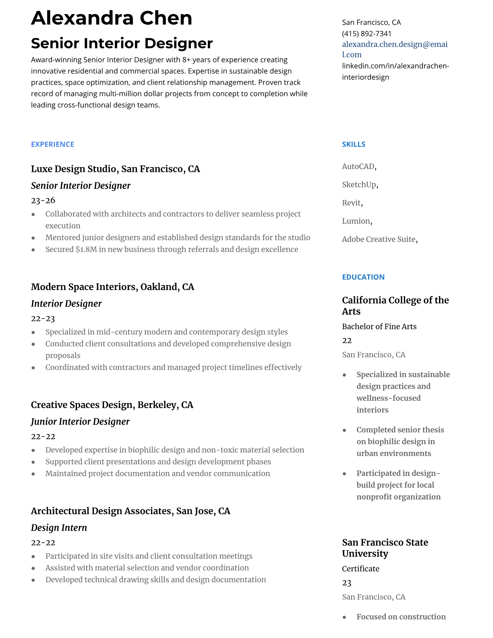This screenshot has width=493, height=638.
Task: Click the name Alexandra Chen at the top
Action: [112, 18]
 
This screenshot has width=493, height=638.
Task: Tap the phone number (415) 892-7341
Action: [367, 33]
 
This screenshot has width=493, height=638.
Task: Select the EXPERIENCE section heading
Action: [52, 144]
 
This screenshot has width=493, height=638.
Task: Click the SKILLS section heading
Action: [354, 144]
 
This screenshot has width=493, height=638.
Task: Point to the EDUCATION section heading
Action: [363, 277]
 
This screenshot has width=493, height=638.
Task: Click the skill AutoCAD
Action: [358, 166]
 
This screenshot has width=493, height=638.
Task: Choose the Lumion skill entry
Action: [356, 221]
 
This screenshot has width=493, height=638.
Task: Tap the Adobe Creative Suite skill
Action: [379, 239]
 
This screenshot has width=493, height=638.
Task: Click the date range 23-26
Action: [43, 200]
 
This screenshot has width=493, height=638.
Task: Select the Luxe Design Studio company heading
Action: [115, 169]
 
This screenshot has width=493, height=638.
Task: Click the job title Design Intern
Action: [59, 528]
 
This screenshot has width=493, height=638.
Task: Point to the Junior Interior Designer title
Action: [80, 422]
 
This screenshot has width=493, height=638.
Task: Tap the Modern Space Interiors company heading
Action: [112, 287]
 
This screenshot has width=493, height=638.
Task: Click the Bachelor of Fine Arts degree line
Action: [379, 327]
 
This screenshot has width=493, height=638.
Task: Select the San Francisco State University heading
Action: [385, 548]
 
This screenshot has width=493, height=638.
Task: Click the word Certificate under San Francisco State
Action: [360, 569]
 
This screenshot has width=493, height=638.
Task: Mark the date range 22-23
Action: [43, 319]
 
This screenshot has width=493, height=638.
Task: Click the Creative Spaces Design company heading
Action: [112, 405]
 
